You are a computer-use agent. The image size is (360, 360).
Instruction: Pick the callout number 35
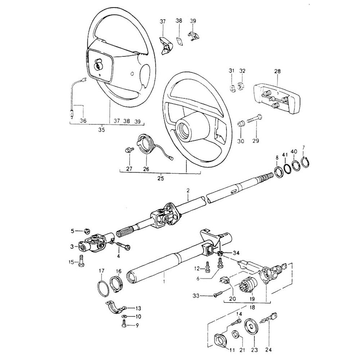coord(101,130)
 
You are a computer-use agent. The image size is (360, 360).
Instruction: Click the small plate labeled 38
coord(179,41)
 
